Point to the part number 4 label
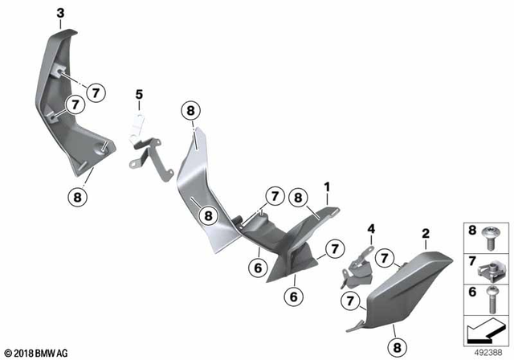coord(372,230)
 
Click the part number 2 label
coord(426,234)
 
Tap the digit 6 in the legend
coord(471,292)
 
